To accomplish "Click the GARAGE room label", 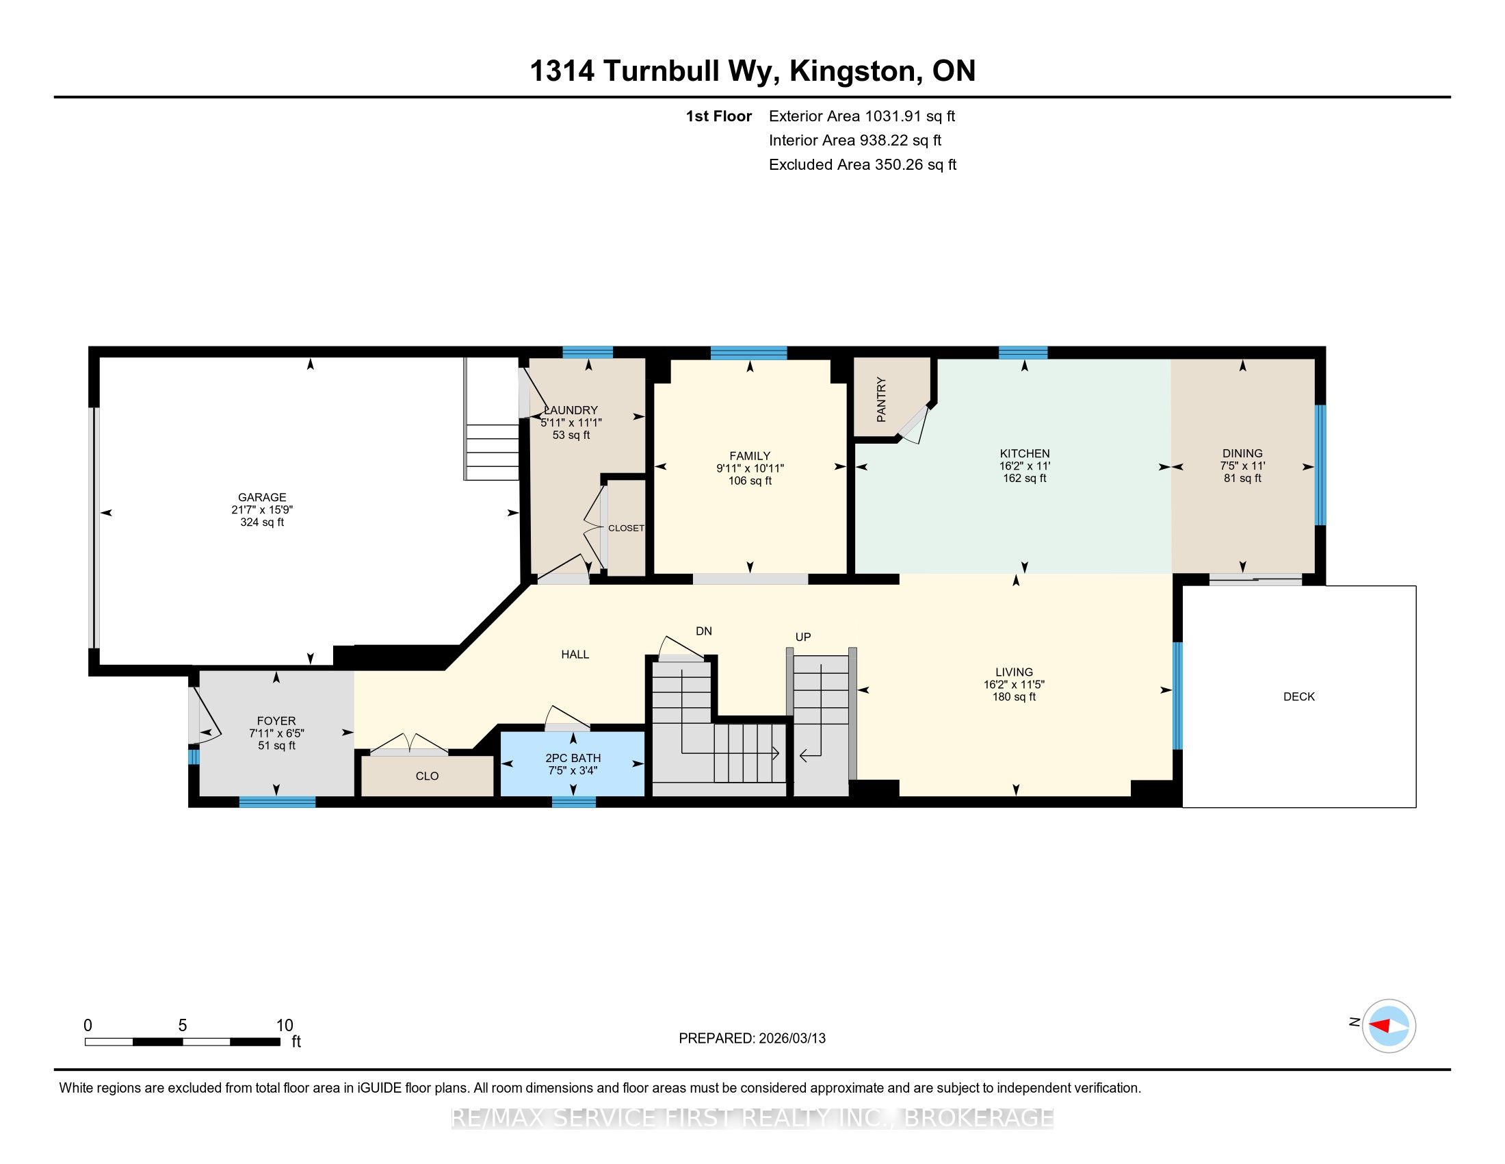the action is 262,497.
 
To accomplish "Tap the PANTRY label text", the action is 881,399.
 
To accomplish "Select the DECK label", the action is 1299,696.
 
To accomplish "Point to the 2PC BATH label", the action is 573,758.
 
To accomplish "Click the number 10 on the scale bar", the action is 285,1026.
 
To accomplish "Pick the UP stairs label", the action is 803,637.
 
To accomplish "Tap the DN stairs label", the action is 703,631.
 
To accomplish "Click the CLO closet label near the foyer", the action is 428,776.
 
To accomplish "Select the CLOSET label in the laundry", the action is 626,528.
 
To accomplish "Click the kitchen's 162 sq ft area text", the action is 1025,478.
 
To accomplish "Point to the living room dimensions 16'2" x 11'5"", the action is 1014,685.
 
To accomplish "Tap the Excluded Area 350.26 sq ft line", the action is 863,165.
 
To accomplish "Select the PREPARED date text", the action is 752,1039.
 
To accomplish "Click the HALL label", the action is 575,655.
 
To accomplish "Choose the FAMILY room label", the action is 750,456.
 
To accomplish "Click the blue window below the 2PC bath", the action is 573,801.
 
